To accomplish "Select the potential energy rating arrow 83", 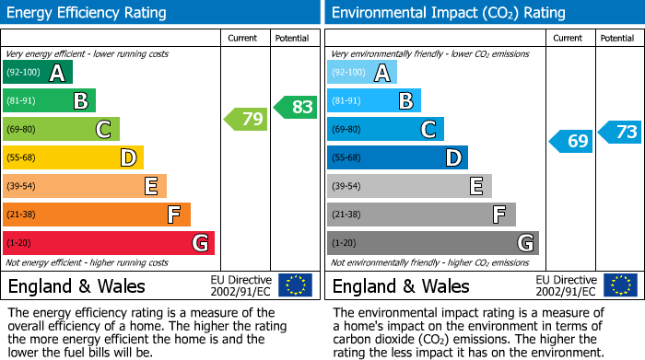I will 296,107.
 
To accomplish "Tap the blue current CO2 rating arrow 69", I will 571,142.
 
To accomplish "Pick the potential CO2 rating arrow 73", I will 620,132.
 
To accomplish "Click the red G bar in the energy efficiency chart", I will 108,243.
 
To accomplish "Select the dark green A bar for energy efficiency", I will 37,73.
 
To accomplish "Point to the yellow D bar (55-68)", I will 73,157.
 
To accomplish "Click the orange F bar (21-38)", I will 96,215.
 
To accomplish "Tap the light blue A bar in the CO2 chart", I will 361,73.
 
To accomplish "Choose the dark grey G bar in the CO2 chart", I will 432,243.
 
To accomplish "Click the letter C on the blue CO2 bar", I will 428,130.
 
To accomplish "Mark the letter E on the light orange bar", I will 150,187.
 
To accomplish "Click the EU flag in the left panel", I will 295,285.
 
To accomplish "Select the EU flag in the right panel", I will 619,285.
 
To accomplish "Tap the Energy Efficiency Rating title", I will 87,13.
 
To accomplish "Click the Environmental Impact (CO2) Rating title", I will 448,13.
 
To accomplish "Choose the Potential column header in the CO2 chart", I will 617,39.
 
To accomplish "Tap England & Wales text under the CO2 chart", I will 401,286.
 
